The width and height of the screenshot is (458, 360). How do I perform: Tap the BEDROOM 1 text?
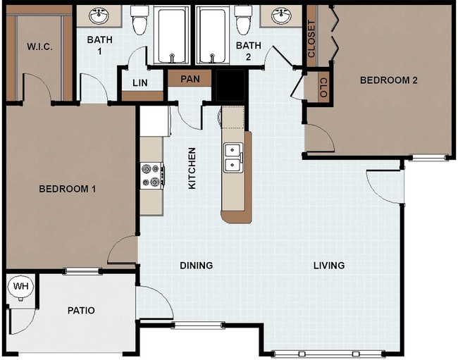[x=68, y=189]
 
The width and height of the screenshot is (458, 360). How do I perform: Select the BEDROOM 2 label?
[x=389, y=80]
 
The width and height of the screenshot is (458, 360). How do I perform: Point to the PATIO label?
[x=81, y=310]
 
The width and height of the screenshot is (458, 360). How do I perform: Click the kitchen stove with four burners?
[x=151, y=175]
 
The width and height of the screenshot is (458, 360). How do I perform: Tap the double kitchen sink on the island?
[x=233, y=157]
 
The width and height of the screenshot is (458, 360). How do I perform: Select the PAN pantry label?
[x=190, y=78]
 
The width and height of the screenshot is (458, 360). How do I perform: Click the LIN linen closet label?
[x=140, y=83]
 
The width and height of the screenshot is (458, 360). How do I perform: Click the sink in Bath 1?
[x=99, y=15]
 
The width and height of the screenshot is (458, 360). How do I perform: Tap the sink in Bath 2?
[x=283, y=15]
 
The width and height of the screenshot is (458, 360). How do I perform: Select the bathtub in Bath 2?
[x=213, y=35]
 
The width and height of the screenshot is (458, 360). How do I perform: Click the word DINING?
[x=196, y=266]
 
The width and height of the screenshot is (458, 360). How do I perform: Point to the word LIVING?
[x=329, y=266]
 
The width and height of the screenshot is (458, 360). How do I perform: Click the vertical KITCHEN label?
[x=191, y=168]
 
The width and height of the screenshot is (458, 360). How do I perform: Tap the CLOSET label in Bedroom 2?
[x=312, y=40]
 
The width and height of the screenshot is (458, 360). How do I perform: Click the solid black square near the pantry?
[x=229, y=87]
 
